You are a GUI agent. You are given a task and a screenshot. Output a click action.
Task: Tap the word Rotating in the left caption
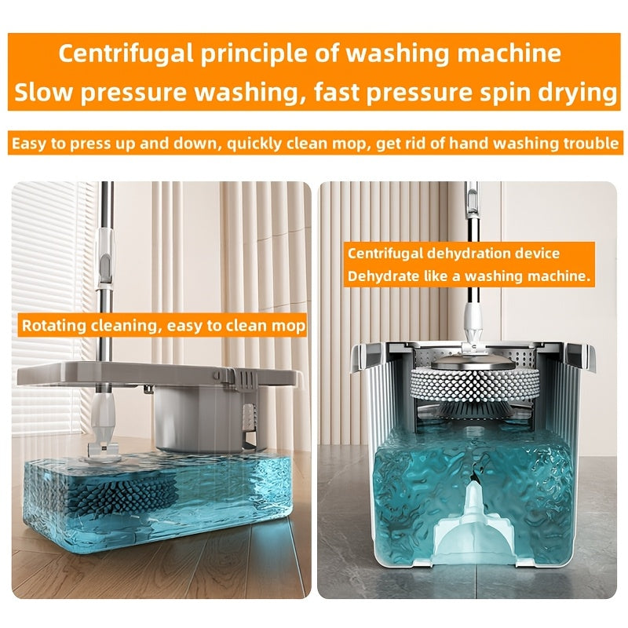tap(52, 326)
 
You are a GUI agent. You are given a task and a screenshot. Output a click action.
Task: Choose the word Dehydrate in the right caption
tap(385, 276)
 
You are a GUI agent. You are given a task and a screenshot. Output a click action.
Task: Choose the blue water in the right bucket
tap(408, 487)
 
